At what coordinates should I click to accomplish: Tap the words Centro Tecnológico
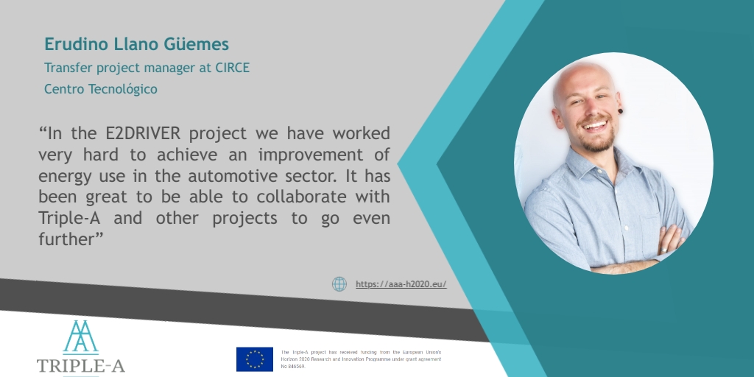coord(100,89)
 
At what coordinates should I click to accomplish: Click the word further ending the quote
coord(66,241)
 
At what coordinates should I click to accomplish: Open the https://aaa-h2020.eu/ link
coord(401,284)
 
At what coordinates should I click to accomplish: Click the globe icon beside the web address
coord(339,284)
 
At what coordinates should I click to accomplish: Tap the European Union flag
coord(255,359)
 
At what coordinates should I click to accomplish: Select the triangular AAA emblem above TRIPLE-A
coord(80,337)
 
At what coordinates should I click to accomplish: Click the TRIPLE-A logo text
coord(80,366)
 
